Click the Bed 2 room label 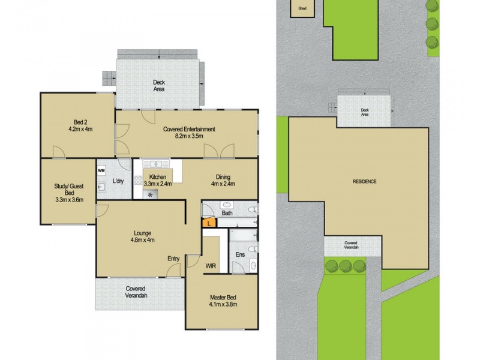coord(79,125)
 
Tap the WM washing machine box coord(101,170)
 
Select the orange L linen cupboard coord(208,223)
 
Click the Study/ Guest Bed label coord(68,193)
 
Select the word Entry coord(173,259)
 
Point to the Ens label coord(240,255)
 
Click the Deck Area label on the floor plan coord(158,86)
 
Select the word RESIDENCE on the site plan coord(364,181)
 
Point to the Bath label coord(227,213)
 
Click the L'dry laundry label coord(118,181)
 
